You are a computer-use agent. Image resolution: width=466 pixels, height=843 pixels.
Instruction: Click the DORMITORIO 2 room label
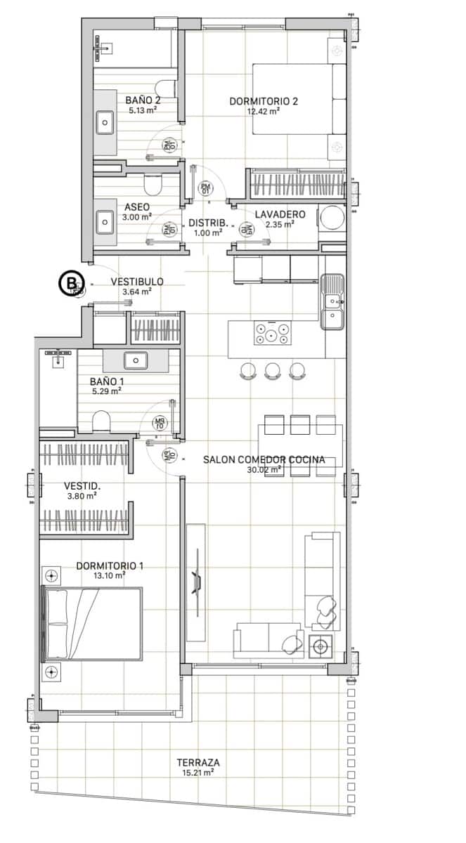[264, 101]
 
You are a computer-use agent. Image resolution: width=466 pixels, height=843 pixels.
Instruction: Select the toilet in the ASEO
[152, 185]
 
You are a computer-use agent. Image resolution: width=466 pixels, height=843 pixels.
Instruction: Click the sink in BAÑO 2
[105, 123]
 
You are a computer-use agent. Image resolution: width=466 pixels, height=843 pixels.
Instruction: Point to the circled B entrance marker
[69, 283]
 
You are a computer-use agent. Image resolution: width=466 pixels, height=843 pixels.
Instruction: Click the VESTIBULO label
[137, 282]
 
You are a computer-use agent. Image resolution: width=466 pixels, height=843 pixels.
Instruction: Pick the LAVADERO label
[280, 214]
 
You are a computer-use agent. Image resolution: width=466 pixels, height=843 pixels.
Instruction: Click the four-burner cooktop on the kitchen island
[273, 332]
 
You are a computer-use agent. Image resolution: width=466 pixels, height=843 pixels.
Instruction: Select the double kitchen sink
[332, 302]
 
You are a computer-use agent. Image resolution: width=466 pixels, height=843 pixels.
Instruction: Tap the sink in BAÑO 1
[134, 361]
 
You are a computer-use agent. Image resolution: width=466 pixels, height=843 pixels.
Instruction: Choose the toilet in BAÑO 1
[103, 420]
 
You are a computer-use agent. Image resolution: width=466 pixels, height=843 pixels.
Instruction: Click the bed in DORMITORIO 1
[93, 624]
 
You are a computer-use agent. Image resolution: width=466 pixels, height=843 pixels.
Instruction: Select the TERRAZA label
[198, 762]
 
